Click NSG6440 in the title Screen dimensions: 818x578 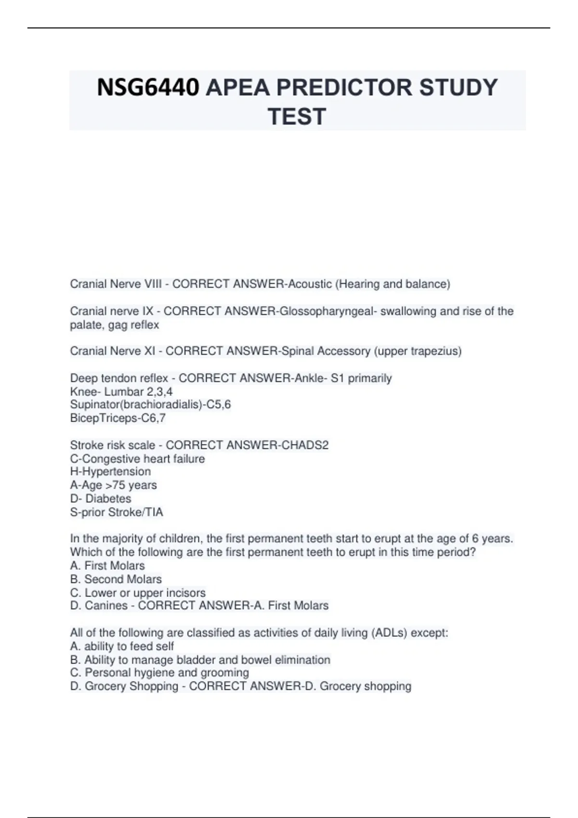coord(148,88)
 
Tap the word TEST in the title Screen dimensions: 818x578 coord(297,117)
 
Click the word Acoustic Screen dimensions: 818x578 coord(310,284)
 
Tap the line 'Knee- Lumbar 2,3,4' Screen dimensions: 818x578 coord(121,392)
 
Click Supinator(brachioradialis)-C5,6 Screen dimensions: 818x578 coord(150,405)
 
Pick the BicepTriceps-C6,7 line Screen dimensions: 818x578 coord(118,418)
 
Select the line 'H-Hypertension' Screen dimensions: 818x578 coord(110,472)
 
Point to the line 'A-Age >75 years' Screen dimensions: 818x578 coord(113,485)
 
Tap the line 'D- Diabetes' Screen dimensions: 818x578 coord(101,498)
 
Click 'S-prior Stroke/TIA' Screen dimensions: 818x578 coord(117,512)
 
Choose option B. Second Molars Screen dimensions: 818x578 coord(116,579)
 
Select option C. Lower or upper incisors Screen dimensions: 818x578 coord(138,593)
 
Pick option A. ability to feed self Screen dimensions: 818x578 coord(122,646)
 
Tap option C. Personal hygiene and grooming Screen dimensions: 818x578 coord(159,673)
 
